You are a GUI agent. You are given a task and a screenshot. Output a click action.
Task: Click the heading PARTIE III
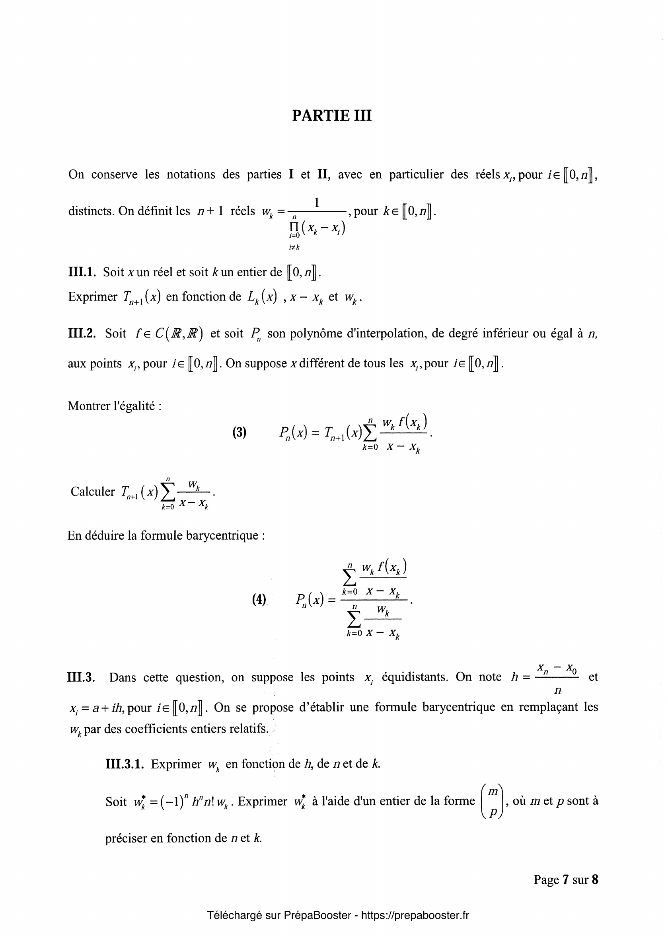(x=331, y=116)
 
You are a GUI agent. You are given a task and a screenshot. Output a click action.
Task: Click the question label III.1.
(x=82, y=272)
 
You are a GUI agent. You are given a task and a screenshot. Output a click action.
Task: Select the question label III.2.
(x=82, y=333)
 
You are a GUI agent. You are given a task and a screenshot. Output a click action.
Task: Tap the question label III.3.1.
(x=125, y=764)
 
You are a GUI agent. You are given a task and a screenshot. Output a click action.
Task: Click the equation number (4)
(x=259, y=599)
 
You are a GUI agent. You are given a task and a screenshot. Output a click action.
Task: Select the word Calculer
(x=93, y=491)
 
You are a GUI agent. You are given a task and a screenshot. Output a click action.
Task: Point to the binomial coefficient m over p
(x=492, y=801)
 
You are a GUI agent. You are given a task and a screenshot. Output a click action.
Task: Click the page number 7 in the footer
(x=566, y=879)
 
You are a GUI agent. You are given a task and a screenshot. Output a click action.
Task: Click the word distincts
(x=91, y=211)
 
